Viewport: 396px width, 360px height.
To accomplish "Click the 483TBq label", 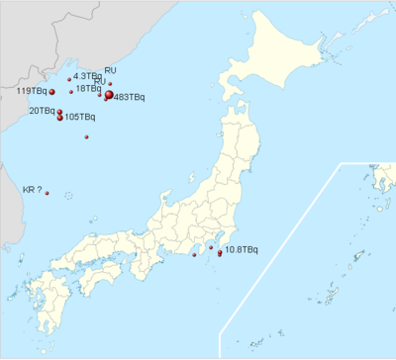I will point(131,97).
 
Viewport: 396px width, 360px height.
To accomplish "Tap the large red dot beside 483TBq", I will point(109,95).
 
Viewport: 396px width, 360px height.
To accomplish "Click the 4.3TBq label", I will point(87,75).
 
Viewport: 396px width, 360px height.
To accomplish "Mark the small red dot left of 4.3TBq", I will point(69,78).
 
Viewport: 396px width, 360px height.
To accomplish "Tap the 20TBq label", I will point(41,111).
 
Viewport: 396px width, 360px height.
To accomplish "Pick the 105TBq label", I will point(81,118).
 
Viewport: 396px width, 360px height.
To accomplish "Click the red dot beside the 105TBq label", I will point(61,118).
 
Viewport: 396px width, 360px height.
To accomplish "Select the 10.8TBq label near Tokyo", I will point(242,248).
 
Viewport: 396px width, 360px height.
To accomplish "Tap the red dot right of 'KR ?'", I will point(47,193).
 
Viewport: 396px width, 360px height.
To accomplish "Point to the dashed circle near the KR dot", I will point(67,197).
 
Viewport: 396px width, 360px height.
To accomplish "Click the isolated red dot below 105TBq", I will point(87,136).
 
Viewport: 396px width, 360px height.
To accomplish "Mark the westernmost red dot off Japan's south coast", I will point(194,255).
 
